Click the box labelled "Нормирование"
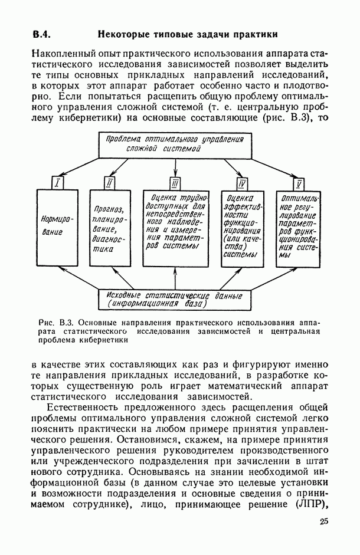(57, 227)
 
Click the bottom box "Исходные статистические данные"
(175, 299)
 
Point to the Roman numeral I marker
(57, 183)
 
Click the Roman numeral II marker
(110, 183)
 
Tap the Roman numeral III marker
(175, 183)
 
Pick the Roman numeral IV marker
(242, 183)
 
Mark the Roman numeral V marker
(299, 183)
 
